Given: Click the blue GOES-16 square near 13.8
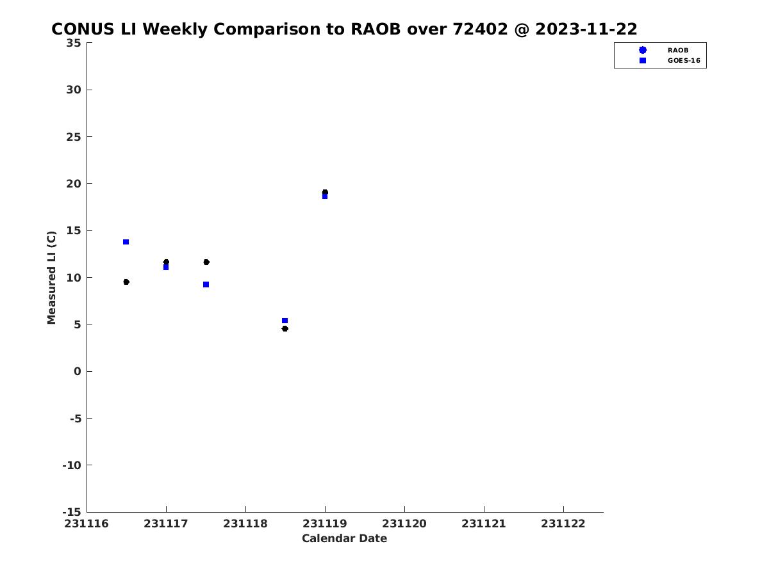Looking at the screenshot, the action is pyautogui.click(x=126, y=242).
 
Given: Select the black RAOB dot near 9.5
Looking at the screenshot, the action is pyautogui.click(x=126, y=282).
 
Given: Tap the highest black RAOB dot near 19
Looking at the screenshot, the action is pyautogui.click(x=325, y=192).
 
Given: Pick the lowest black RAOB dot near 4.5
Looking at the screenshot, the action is pyautogui.click(x=285, y=328).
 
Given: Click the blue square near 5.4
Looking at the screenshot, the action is pyautogui.click(x=285, y=321).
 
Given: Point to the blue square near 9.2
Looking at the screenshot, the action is pyautogui.click(x=206, y=285).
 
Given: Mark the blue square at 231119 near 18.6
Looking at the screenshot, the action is pyautogui.click(x=325, y=196).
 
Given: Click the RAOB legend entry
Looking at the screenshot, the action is pyautogui.click(x=663, y=50).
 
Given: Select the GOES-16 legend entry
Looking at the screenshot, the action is pyautogui.click(x=670, y=61).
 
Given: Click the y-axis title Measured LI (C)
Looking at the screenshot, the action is pyautogui.click(x=51, y=278).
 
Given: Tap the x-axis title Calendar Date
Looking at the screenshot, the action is pyautogui.click(x=344, y=538).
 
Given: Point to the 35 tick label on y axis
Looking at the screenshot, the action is pyautogui.click(x=74, y=43).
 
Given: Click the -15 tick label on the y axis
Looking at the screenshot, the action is pyautogui.click(x=72, y=513).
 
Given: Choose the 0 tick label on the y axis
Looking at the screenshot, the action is pyautogui.click(x=78, y=371).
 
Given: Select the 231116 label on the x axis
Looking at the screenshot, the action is pyautogui.click(x=87, y=524).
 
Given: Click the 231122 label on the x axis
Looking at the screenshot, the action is pyautogui.click(x=563, y=524).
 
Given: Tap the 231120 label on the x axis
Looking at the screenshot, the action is pyautogui.click(x=404, y=524).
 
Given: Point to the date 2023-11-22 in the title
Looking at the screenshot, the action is pyautogui.click(x=586, y=29).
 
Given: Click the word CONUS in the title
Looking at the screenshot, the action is pyautogui.click(x=83, y=29).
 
